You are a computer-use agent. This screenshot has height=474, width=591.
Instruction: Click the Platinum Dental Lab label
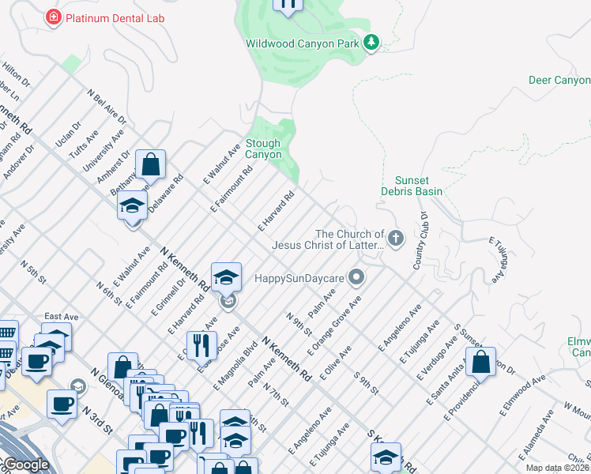tap(116, 17)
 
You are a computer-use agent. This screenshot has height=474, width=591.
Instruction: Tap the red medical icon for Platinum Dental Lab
tap(54, 17)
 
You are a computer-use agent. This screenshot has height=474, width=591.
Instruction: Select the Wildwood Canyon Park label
tap(303, 43)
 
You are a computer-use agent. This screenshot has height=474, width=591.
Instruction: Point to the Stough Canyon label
tap(263, 149)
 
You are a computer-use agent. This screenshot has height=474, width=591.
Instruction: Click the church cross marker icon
tap(396, 237)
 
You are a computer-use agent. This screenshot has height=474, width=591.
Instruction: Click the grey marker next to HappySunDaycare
tap(357, 277)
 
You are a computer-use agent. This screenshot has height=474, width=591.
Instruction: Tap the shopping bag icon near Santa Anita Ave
tap(480, 363)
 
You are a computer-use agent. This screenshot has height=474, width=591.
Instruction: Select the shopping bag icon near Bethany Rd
tap(150, 165)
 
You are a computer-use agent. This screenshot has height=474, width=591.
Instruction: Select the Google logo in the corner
tap(25, 465)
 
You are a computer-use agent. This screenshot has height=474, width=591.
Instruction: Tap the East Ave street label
tap(61, 316)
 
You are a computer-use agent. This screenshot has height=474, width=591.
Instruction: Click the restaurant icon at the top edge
tap(288, 6)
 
